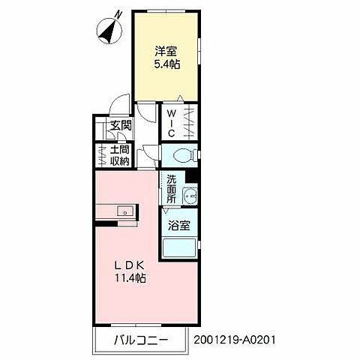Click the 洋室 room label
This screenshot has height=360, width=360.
click(166, 51)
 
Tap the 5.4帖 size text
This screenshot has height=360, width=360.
click(166, 64)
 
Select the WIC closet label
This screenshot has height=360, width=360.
click(171, 124)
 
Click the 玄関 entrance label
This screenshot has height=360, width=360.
click(121, 124)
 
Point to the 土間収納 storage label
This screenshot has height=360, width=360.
click(120, 156)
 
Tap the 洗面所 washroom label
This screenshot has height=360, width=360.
click(172, 189)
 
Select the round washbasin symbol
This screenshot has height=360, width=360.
click(190, 196)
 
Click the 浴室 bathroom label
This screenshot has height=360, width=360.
click(179, 226)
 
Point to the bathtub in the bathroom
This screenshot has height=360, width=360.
click(179, 248)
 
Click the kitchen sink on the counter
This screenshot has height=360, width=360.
click(125, 211)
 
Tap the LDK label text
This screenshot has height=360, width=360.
click(129, 265)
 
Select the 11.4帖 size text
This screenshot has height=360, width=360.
click(130, 277)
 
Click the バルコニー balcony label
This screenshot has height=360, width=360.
click(141, 340)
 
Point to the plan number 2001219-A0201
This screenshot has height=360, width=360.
click(235, 340)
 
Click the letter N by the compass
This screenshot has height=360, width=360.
click(118, 15)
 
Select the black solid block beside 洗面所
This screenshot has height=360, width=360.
click(191, 176)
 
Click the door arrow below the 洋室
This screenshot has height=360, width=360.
click(180, 98)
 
